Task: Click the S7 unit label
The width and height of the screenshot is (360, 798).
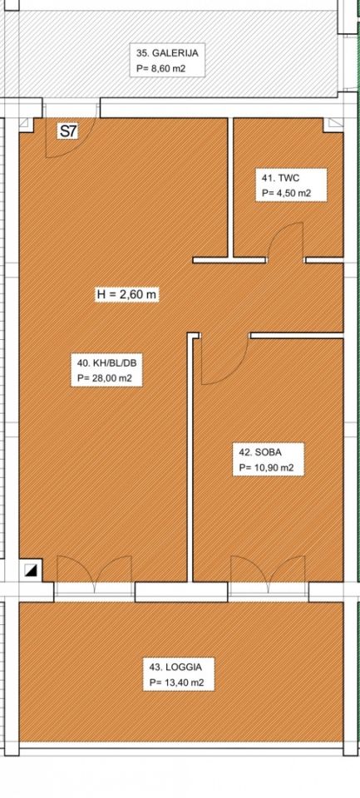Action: coord(68,132)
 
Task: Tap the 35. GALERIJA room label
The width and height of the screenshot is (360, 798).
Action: coord(167,52)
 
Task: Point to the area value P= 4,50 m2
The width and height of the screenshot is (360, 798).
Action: coord(286,194)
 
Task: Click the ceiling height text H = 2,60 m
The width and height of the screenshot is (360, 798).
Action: coord(126,294)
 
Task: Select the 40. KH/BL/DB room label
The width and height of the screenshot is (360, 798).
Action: coord(107,363)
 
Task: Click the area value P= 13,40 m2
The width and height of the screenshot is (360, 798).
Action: coord(177,683)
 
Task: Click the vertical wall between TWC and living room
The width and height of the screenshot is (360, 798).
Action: coord(230,189)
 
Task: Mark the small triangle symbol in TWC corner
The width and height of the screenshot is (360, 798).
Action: coord(333,124)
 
